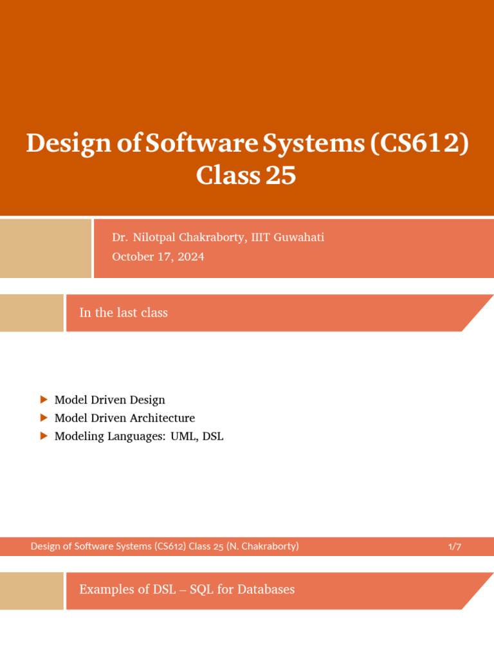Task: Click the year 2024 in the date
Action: click(x=190, y=257)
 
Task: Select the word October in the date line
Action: click(x=134, y=257)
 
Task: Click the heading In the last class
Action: click(x=123, y=313)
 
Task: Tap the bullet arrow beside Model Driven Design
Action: click(x=44, y=400)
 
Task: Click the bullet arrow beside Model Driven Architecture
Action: click(x=44, y=418)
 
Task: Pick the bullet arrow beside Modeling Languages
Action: click(x=44, y=436)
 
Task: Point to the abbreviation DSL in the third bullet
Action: click(x=213, y=436)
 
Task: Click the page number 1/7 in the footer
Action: click(x=455, y=547)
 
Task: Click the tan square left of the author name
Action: click(x=46, y=248)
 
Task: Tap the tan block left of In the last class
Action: click(x=32, y=313)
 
